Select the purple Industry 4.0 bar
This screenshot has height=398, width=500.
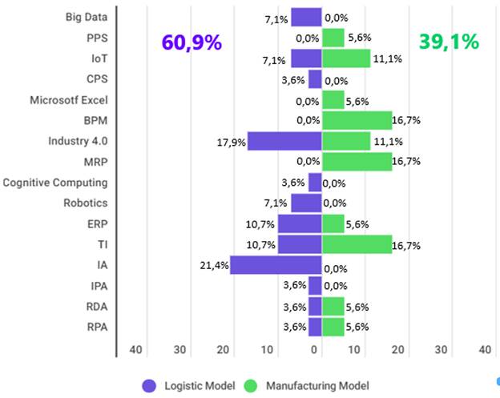(x=284, y=141)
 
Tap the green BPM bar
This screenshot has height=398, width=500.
(x=357, y=120)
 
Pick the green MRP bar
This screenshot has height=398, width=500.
(x=357, y=162)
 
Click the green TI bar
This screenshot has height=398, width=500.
(x=357, y=244)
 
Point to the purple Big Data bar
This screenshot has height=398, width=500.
(x=306, y=17)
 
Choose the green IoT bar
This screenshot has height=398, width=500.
(x=346, y=58)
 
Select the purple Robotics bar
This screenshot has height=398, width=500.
(x=306, y=203)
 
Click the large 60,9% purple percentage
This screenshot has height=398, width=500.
(x=192, y=43)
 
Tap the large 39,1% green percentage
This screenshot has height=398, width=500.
(x=449, y=43)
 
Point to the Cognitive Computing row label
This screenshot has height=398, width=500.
(x=54, y=183)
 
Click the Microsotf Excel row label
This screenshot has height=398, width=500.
(x=68, y=100)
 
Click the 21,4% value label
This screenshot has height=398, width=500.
(x=212, y=264)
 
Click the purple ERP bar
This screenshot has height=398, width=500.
(x=300, y=223)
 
